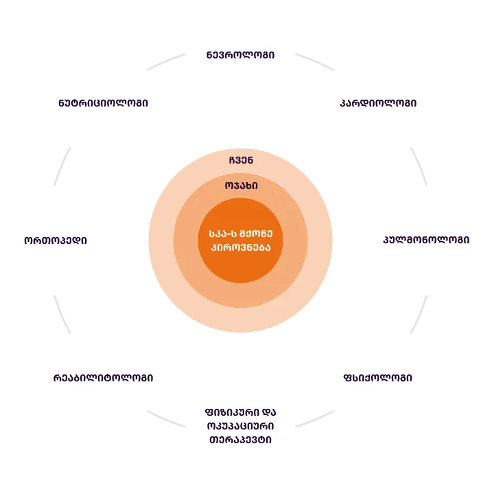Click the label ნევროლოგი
[240, 54]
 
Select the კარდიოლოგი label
[378, 103]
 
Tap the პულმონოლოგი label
[426, 240]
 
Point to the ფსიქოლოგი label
[378, 378]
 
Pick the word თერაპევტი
[240, 440]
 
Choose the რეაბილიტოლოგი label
[103, 378]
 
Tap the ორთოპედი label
[56, 240]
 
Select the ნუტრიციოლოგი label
[103, 103]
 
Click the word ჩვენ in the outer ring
[241, 160]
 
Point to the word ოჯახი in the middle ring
[241, 186]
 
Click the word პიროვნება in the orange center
[240, 247]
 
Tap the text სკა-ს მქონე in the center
[240, 234]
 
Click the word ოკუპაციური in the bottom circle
[240, 425]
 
